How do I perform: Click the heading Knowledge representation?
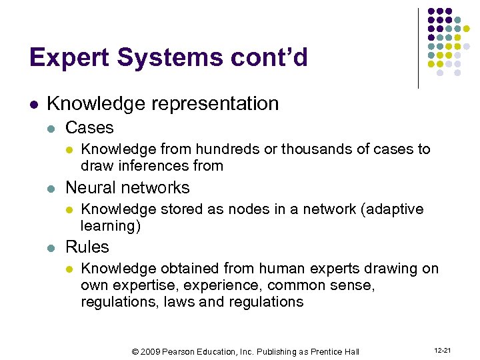point(163,104)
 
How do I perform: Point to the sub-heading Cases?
point(89,127)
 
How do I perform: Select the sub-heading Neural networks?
point(127,187)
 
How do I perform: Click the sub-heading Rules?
point(87,247)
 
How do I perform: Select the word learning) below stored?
point(111,225)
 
